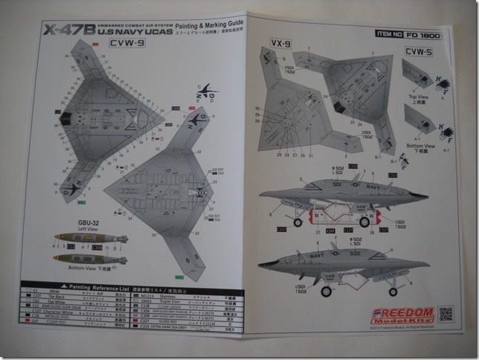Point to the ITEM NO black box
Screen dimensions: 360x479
click(x=391, y=33)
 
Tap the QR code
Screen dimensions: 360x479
click(x=447, y=313)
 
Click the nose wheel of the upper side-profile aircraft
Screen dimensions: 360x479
click(x=298, y=222)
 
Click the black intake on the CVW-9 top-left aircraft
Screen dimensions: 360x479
click(x=65, y=117)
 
